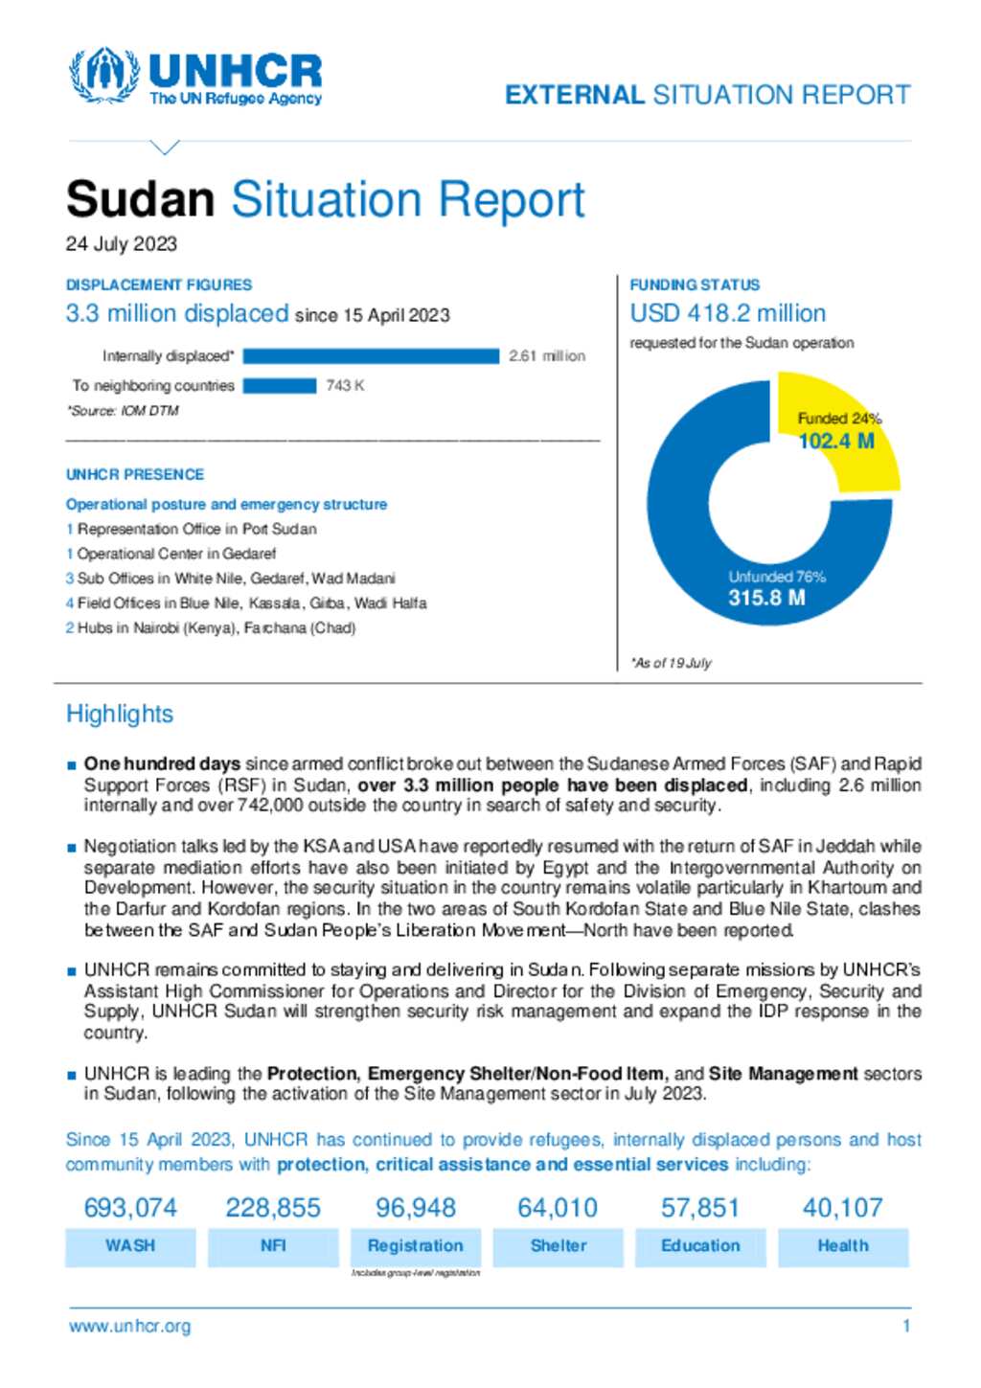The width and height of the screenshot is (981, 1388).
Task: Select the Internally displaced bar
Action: click(371, 356)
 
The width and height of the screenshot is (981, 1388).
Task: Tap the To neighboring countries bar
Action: click(279, 386)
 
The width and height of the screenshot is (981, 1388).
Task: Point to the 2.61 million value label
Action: click(546, 356)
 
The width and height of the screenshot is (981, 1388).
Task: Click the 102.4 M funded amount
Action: click(836, 442)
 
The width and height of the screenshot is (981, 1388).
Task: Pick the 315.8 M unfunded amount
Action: click(766, 599)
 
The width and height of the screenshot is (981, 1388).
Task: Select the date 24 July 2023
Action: click(122, 244)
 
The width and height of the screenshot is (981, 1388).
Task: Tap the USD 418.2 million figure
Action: click(727, 314)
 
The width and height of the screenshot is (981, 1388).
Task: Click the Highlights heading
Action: click(120, 714)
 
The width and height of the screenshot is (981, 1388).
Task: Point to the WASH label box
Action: click(130, 1246)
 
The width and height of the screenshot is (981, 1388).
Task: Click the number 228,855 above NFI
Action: click(273, 1208)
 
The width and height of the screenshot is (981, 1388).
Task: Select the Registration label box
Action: click(415, 1246)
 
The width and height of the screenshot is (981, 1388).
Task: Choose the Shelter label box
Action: click(558, 1246)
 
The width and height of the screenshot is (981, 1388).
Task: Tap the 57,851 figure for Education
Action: click(700, 1208)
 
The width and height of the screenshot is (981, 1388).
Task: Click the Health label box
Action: click(843, 1246)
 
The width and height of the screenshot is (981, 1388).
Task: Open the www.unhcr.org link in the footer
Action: click(130, 1327)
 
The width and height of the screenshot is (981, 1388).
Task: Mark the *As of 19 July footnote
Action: click(671, 663)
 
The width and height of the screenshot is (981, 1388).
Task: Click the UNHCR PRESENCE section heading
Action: click(135, 475)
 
